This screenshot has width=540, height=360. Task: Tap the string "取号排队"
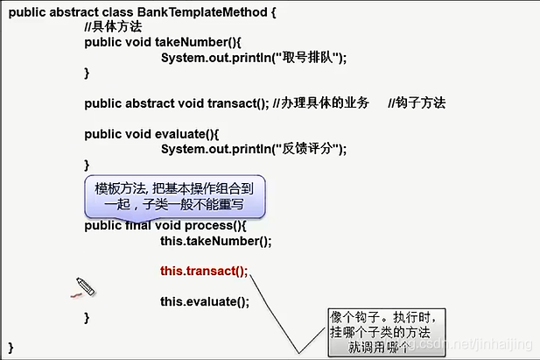[x=306, y=58]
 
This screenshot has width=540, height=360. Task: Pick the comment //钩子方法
[x=417, y=103]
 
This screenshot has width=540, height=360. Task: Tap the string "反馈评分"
[x=306, y=149]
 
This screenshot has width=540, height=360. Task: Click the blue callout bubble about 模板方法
[x=175, y=196]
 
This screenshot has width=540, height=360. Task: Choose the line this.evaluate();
[x=205, y=302]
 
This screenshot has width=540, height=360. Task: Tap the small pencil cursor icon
[x=85, y=286]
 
